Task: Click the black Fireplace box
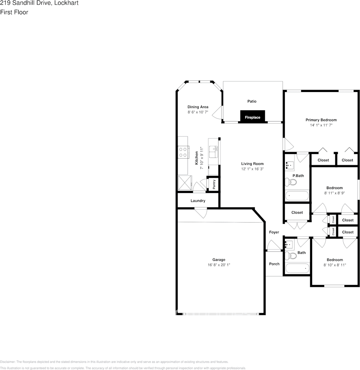point(252,117)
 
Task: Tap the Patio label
point(252,101)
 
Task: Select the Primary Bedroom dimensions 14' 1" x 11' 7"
point(321,125)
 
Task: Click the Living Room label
point(252,164)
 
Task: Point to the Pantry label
point(214,184)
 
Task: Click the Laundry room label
point(198,201)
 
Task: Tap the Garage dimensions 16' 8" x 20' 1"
point(219,265)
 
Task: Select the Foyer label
point(274,232)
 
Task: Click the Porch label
point(274,264)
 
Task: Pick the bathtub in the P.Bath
point(297,196)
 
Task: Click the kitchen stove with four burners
point(183,152)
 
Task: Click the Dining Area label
point(198,107)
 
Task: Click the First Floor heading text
point(14,12)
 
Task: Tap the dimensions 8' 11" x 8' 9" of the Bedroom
point(334,193)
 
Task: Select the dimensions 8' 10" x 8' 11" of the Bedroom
point(334,265)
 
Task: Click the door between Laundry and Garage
point(201,213)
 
